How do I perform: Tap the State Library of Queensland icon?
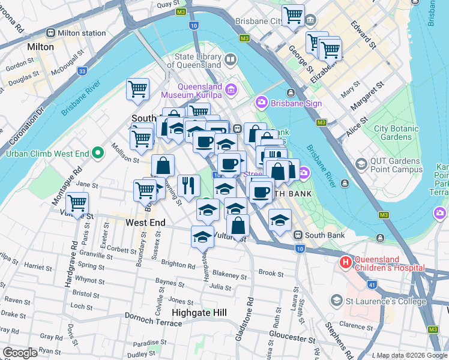click(231, 61)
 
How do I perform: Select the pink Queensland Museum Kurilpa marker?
click(231, 90)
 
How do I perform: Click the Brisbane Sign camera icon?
click(261, 103)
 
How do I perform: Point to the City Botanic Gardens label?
click(393, 133)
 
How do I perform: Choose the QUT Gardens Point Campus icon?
click(361, 164)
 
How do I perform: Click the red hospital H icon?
click(345, 262)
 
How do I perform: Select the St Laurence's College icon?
click(337, 299)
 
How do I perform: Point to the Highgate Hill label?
click(199, 313)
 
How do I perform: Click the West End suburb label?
click(145, 223)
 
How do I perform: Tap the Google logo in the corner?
click(20, 352)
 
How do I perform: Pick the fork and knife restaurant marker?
click(189, 185)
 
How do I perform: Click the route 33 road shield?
click(82, 71)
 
